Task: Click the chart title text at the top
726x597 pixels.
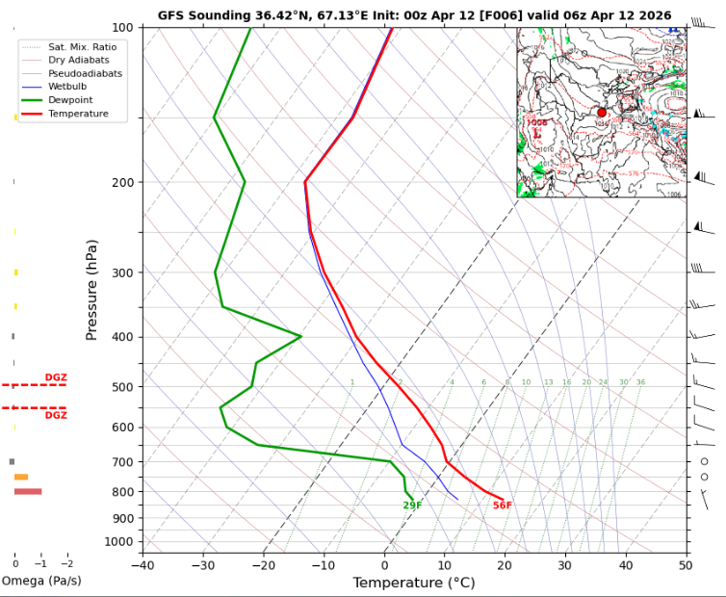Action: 414,15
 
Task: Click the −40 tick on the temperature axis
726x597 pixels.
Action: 143,563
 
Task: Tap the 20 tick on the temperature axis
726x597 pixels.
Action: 505,563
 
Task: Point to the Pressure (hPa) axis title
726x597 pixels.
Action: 92,290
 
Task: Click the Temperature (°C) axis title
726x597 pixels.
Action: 413,583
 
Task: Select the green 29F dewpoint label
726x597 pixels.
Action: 412,506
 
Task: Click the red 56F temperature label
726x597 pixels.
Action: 502,506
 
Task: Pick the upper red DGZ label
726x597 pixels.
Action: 56,377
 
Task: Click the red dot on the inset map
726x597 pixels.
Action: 602,113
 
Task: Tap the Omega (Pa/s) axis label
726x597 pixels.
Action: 40,581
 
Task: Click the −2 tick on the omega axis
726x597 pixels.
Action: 66,563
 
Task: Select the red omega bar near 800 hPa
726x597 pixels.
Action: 28,491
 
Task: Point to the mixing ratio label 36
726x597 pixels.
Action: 640,382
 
